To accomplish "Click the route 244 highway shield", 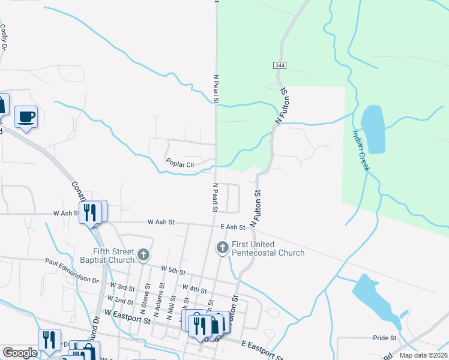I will click(x=281, y=65).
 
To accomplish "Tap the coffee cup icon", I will click(x=26, y=116).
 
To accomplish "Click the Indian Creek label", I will click(x=360, y=151).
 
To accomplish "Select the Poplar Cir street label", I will click(x=181, y=163).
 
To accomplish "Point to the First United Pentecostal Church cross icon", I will click(x=222, y=247).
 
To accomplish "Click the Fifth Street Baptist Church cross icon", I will click(x=143, y=256).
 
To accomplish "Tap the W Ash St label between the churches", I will click(x=161, y=222).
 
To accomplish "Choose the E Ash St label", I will click(x=232, y=227).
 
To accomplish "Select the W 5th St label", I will click(x=172, y=271).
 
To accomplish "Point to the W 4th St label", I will click(x=194, y=289).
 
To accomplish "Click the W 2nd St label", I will click(x=119, y=299).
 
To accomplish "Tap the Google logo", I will click(x=20, y=353).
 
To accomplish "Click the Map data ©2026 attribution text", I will click(x=424, y=355).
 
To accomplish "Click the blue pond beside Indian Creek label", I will click(x=373, y=128).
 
